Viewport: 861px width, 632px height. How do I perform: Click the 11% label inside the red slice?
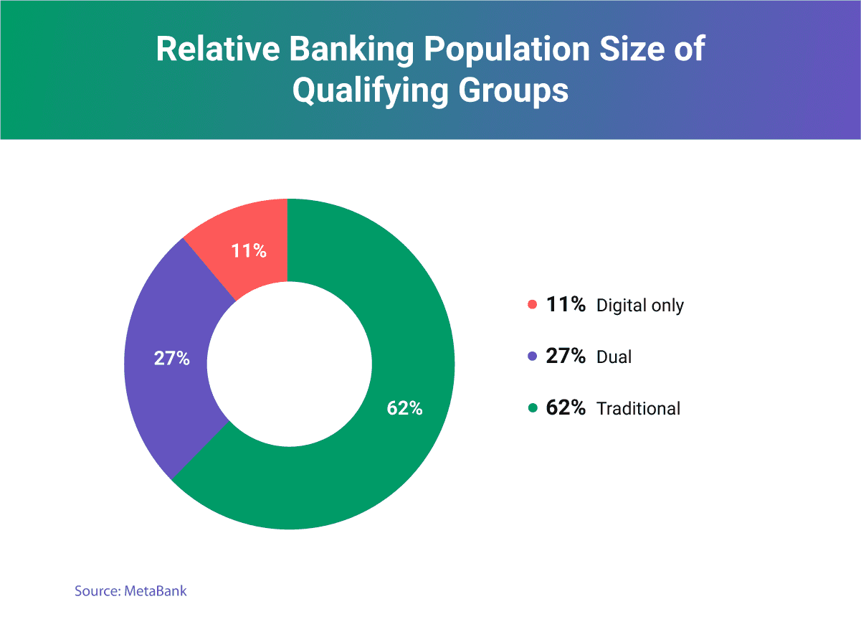249,251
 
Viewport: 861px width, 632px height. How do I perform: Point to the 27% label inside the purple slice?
172,358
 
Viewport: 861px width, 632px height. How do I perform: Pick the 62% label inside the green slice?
405,408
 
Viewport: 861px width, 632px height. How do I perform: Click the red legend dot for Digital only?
533,304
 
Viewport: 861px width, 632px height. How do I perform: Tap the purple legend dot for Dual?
533,357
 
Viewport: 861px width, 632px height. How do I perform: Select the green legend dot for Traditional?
533,407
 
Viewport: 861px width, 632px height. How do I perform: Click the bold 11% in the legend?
566,304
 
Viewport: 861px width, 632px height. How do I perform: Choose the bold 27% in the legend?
566,356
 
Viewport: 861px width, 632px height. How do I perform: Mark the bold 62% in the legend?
566,407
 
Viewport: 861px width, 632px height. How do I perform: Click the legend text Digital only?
640,306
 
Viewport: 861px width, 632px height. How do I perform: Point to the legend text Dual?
614,357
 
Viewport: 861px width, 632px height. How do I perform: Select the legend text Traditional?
639,408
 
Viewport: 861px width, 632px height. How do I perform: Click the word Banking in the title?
351,50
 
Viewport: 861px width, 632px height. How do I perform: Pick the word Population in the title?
507,50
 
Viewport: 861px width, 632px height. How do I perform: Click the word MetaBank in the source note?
156,591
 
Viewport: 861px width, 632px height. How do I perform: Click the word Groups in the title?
513,92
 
